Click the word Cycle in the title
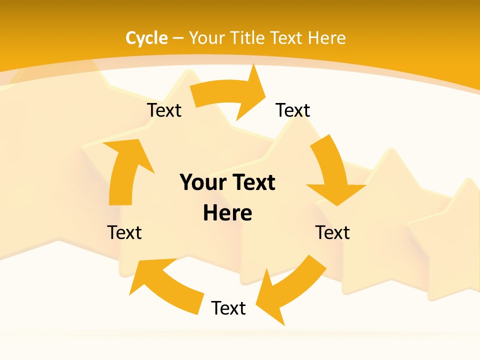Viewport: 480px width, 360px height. tap(146, 38)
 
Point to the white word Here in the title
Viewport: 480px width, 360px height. tap(326, 38)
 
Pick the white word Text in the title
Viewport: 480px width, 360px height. tap(287, 38)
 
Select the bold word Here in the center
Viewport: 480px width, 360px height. tap(227, 213)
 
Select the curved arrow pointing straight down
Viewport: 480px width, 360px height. tap(333, 170)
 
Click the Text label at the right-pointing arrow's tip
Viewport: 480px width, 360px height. tap(293, 110)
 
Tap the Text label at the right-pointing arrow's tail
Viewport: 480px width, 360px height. tap(164, 110)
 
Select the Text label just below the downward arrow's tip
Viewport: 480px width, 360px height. tap(332, 232)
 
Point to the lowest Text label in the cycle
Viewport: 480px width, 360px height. tap(228, 308)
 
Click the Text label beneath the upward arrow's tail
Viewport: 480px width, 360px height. tap(124, 232)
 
